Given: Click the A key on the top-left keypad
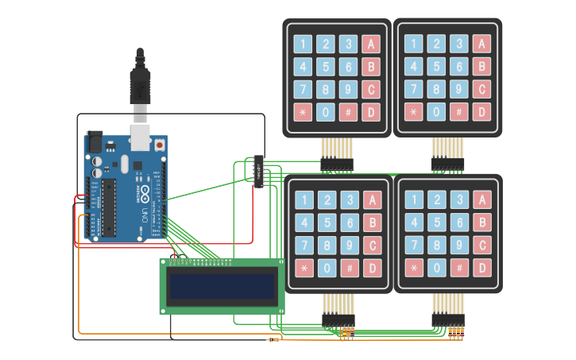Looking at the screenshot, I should pyautogui.click(x=369, y=44).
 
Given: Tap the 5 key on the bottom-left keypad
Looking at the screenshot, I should pyautogui.click(x=327, y=223).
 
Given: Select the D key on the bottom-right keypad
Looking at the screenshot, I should pyautogui.click(x=481, y=269).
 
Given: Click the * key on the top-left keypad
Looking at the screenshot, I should pyautogui.click(x=303, y=112).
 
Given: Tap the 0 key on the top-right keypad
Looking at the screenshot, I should pyautogui.click(x=436, y=112).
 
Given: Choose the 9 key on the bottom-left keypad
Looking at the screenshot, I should pyautogui.click(x=348, y=246).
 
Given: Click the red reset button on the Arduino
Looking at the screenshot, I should pyautogui.click(x=160, y=145).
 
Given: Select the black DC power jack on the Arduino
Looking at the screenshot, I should pyautogui.click(x=94, y=142).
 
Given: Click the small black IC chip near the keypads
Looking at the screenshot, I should pyautogui.click(x=259, y=170).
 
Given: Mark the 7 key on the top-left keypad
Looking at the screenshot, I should pyautogui.click(x=303, y=89).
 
